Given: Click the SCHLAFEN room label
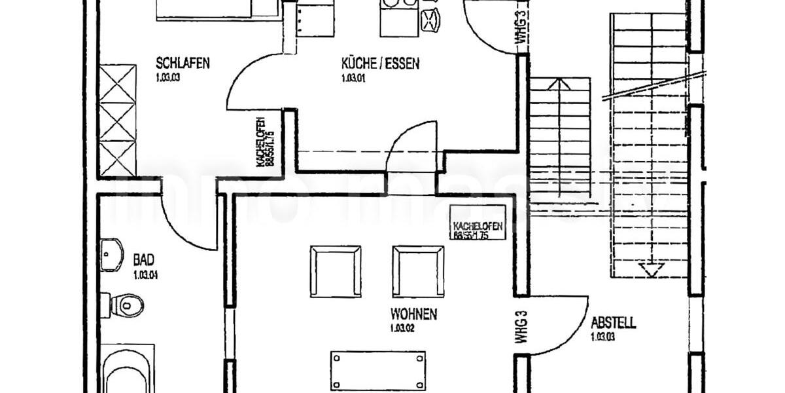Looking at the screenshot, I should (183, 64).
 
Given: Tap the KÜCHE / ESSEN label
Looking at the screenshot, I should (380, 64).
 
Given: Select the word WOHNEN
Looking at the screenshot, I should (413, 314).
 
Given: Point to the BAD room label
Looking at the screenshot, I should (144, 259).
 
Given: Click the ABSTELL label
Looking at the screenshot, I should (613, 323).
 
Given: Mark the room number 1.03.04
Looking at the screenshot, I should (145, 275).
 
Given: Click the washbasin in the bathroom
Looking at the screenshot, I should (112, 254).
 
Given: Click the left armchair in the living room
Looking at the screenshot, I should (336, 271).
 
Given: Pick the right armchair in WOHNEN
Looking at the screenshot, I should (417, 271).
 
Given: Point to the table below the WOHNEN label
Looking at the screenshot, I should (378, 370).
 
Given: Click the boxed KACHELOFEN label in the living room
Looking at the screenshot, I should (478, 223).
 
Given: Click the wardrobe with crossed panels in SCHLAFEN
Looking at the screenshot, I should (117, 121).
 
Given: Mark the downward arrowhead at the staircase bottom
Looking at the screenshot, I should (651, 269).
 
